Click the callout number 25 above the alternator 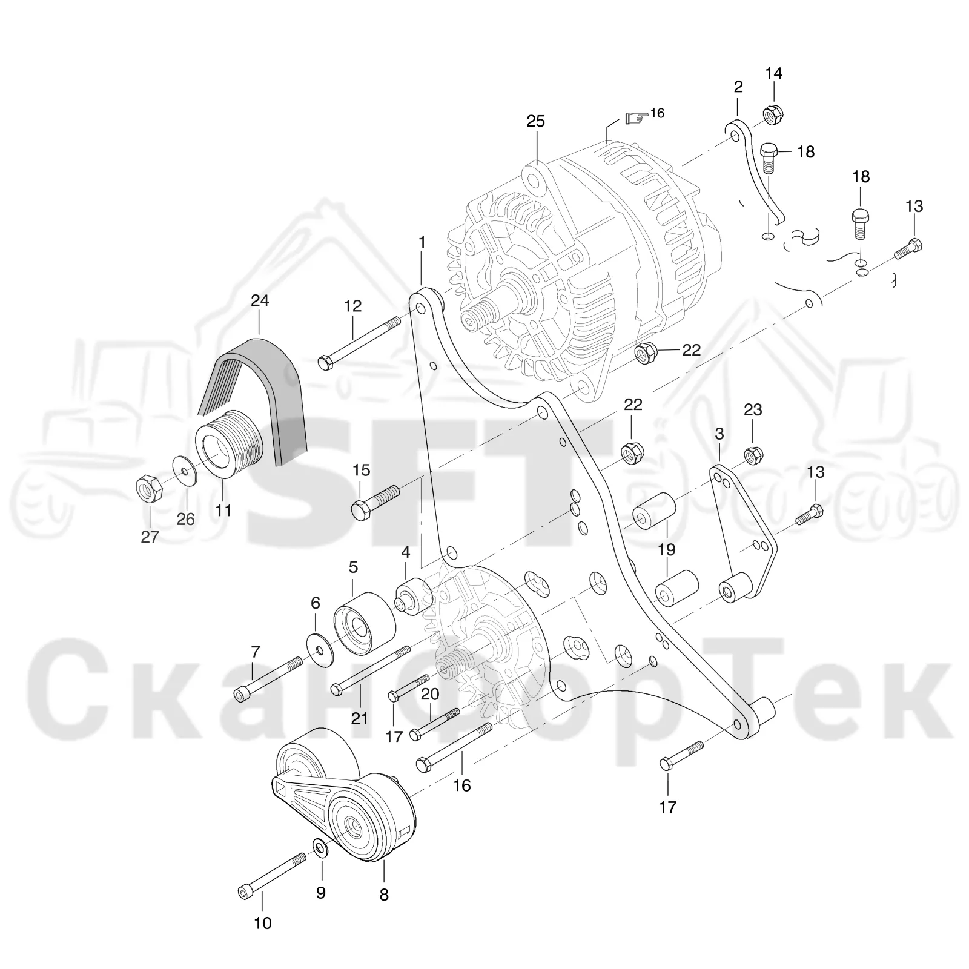535,121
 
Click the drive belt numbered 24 254,400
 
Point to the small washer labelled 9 320,848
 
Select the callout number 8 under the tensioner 384,895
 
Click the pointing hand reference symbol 636,117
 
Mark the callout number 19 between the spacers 667,550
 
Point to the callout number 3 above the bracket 719,434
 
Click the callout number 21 360,718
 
